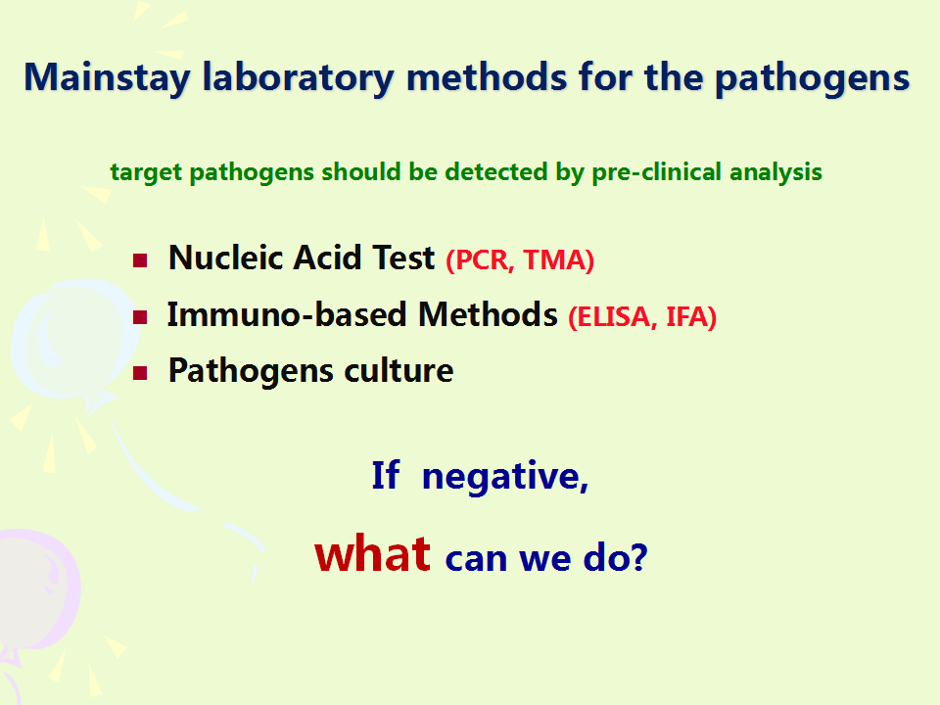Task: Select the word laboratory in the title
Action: point(298,78)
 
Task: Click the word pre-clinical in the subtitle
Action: point(656,172)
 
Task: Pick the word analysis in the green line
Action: point(775,172)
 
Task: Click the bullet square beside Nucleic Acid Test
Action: point(140,260)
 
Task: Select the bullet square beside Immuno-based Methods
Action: point(140,316)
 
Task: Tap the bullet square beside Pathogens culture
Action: point(140,373)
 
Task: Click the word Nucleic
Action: point(226,258)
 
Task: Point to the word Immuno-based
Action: point(287,314)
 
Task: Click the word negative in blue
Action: point(505,477)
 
